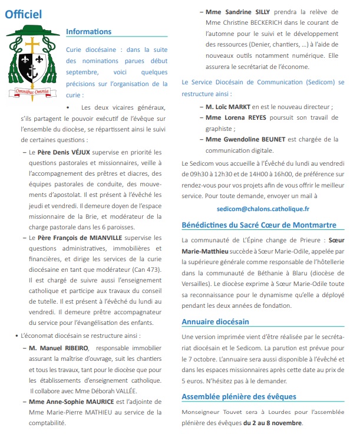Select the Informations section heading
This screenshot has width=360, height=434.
pos(88,31)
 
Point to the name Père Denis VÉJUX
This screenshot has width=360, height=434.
pos(61,152)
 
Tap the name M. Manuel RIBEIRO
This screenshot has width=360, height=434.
pos(56,347)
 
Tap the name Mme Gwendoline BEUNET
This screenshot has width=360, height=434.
pos(245,139)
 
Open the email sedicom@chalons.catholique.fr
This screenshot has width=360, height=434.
pos(263,208)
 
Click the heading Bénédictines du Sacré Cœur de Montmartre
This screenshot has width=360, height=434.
pos(259,225)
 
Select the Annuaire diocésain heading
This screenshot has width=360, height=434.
pos(216,321)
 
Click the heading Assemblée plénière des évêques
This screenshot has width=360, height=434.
pos(239,396)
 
